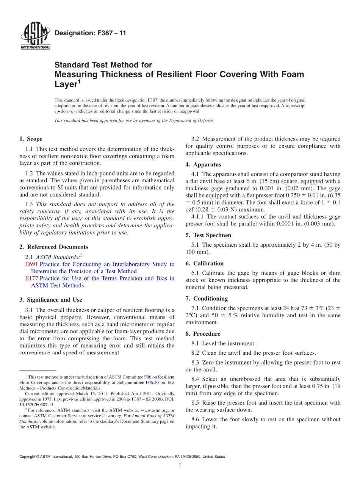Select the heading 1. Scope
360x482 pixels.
[x=31, y=139]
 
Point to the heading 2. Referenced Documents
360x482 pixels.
[x=54, y=247]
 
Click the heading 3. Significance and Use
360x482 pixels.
[x=51, y=300]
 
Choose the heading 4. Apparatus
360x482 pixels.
[x=203, y=164]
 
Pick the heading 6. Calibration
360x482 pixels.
[x=205, y=263]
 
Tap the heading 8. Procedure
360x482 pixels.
[x=203, y=334]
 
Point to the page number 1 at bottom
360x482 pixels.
[x=180, y=465]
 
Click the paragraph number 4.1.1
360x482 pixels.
[x=198, y=217]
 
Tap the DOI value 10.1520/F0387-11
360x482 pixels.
[x=37, y=404]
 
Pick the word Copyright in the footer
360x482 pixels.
[x=29, y=457]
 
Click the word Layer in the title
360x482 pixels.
[x=66, y=85]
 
